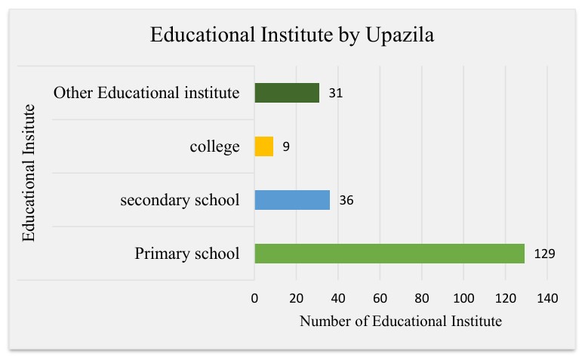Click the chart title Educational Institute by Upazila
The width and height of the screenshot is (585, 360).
(292, 35)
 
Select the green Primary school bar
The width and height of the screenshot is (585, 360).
(389, 254)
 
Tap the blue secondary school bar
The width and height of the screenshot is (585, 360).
(292, 200)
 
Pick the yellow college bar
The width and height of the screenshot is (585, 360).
(264, 146)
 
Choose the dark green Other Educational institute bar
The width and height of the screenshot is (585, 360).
(287, 93)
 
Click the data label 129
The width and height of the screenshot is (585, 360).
(544, 254)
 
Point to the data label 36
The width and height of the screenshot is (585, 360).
(346, 201)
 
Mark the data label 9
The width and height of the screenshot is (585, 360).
(286, 147)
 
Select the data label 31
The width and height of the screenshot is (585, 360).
(336, 94)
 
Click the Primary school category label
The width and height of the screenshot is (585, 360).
(186, 254)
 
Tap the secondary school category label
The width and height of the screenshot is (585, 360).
(180, 200)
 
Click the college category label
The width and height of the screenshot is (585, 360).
(214, 146)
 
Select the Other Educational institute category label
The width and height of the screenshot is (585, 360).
(146, 93)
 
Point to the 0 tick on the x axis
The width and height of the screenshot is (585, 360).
(255, 299)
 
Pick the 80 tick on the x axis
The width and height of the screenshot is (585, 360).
(422, 299)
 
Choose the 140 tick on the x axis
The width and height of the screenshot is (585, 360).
(547, 299)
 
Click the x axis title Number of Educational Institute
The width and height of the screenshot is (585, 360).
(400, 322)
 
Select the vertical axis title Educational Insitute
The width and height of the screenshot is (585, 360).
(29, 174)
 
